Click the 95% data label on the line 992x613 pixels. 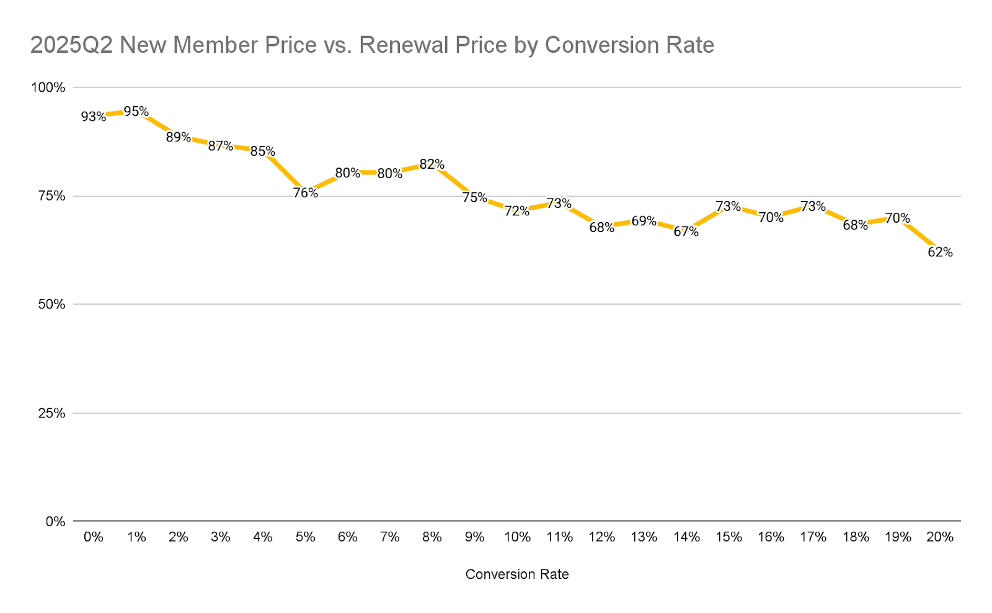(x=136, y=112)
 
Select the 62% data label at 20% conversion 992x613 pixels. (x=940, y=253)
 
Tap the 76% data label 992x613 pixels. (x=305, y=193)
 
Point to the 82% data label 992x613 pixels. (x=432, y=164)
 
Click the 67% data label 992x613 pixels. (x=686, y=232)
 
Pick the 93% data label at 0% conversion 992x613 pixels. (x=93, y=117)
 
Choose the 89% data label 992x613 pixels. (x=178, y=137)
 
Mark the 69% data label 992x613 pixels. (x=644, y=221)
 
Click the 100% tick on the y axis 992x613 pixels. (x=48, y=87)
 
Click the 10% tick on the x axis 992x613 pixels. (x=517, y=537)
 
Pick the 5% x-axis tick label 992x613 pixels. (x=305, y=537)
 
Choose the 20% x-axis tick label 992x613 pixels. (x=940, y=537)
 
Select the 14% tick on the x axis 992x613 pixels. (x=686, y=537)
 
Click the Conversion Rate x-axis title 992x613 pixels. (x=517, y=575)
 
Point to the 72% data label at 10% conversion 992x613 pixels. (x=516, y=211)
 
